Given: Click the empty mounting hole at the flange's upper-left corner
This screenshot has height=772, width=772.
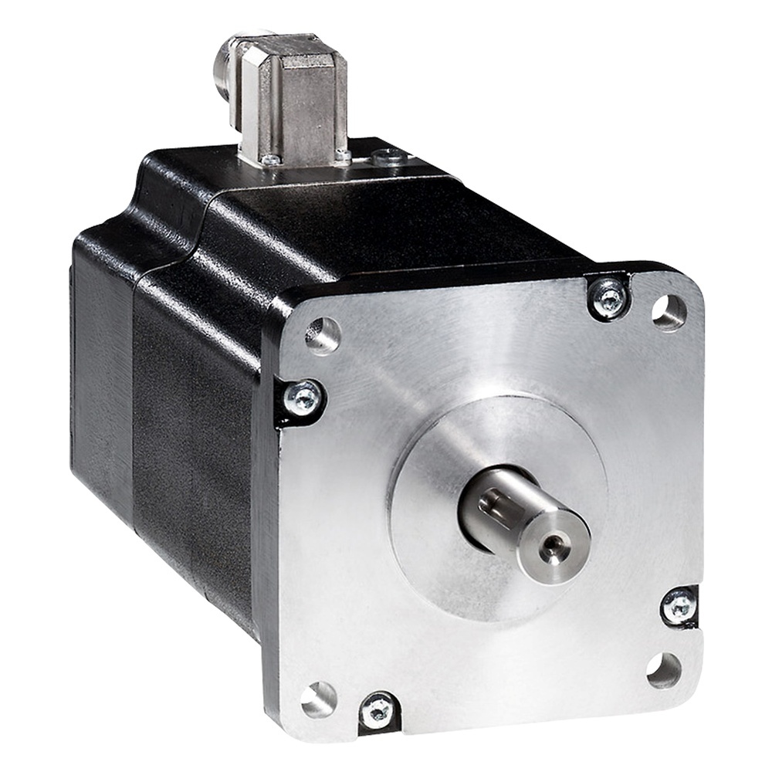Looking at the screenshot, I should [x=323, y=334].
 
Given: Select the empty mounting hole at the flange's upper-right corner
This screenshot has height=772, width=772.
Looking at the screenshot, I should [x=669, y=311].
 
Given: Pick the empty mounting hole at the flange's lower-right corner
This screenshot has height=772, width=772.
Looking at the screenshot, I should [x=664, y=669].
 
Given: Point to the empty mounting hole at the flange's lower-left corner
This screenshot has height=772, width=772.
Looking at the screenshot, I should [x=318, y=699].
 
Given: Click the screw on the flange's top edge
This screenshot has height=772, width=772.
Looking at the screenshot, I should [x=609, y=297].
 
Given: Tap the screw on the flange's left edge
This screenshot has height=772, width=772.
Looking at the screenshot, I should [x=303, y=399].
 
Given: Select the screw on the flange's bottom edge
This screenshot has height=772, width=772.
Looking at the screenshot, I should [x=378, y=711].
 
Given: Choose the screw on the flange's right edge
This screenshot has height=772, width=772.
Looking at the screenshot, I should [x=679, y=604].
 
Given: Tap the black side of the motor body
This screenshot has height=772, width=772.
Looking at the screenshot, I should [x=193, y=432].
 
